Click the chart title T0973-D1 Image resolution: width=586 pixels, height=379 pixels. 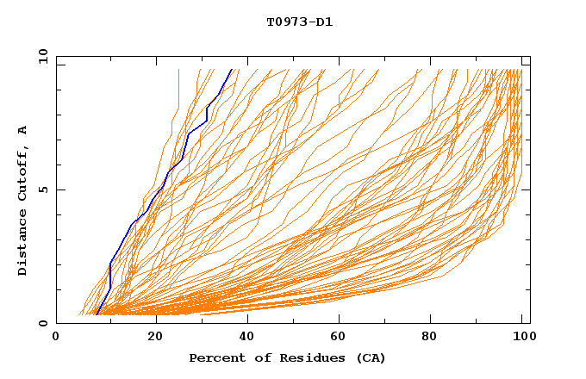299,22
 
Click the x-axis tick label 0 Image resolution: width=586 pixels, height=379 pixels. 56,338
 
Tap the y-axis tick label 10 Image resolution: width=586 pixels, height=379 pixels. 41,57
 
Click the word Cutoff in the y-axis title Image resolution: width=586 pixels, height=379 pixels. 23,171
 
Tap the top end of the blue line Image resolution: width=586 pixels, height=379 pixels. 232,70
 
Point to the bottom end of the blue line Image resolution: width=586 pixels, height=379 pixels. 97,314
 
